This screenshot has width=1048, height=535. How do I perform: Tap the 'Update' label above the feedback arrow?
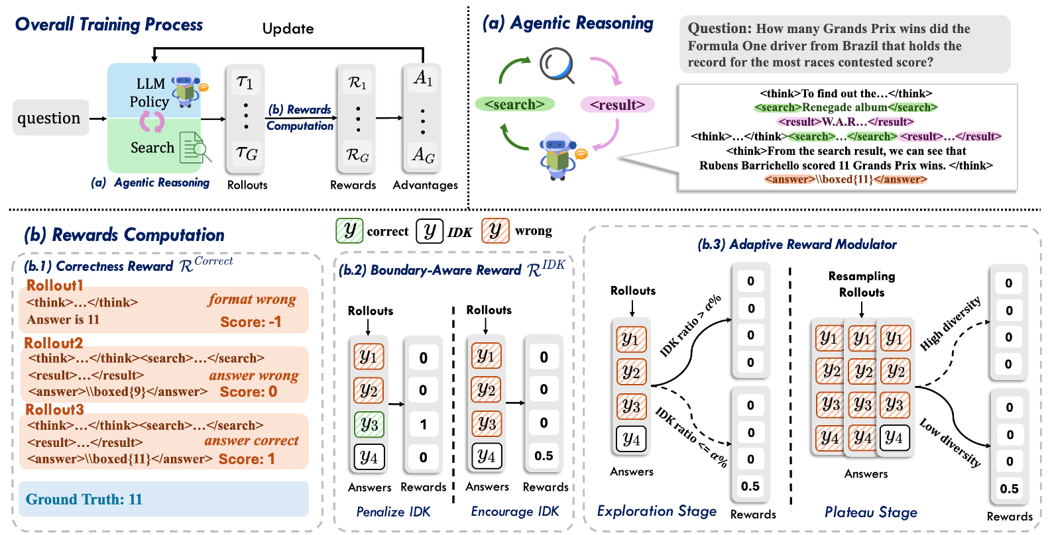pos(288,28)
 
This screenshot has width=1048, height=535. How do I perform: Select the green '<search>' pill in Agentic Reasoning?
pos(514,104)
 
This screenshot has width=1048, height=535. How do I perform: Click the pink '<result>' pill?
pos(617,105)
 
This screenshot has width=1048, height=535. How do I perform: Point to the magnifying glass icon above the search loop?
pos(557,65)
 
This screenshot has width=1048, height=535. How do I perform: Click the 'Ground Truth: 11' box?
pos(163,499)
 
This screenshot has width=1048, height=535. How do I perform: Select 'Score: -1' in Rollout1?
pos(251,322)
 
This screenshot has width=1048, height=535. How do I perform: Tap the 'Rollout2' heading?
pos(54,343)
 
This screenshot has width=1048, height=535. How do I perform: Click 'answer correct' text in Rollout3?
pos(251,440)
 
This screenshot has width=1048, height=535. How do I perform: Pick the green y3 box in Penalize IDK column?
pos(369,424)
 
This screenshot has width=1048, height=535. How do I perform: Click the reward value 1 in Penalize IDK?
pos(423,424)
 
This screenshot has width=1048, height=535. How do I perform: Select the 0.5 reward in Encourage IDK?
pos(544,456)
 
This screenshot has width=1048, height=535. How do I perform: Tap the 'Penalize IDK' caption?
pos(393,512)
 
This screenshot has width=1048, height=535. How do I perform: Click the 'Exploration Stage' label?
pos(656,511)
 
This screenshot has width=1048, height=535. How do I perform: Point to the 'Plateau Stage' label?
pos(870,512)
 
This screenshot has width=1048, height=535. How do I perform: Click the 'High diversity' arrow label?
pos(950,323)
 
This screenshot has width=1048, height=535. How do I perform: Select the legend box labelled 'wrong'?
pos(495,231)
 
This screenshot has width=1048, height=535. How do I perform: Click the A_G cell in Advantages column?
pos(423,155)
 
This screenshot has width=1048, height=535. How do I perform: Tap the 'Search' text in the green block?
pos(152,148)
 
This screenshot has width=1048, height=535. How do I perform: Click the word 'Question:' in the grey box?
pos(719,28)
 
